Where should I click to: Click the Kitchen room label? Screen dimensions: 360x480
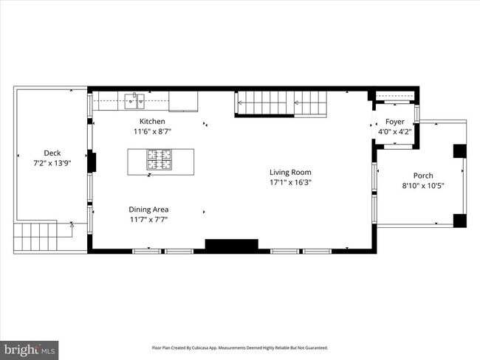[152, 121]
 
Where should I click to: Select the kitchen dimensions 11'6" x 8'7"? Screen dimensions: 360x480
[152, 131]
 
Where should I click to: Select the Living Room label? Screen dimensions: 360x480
[290, 172]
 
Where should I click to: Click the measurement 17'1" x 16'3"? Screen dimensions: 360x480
[290, 182]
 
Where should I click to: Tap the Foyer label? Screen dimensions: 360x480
[395, 122]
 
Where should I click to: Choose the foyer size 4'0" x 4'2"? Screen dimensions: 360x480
[395, 132]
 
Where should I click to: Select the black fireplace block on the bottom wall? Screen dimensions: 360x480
[231, 245]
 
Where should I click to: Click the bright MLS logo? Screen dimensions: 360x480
[30, 348]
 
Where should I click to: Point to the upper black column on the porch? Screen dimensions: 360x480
[459, 150]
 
